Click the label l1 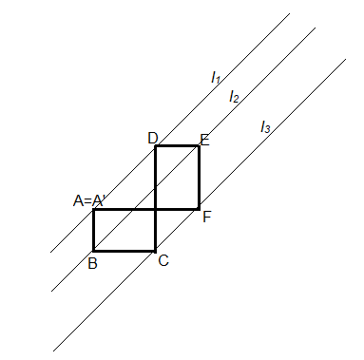[x=216, y=78]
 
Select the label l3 [x=266, y=126]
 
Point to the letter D [x=152, y=138]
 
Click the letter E [x=204, y=139]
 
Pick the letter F [x=206, y=216]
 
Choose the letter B [x=92, y=262]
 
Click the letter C [x=163, y=260]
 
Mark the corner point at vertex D [x=156, y=146]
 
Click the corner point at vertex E [x=199, y=146]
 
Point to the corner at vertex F [x=199, y=208]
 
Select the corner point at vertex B [x=93, y=251]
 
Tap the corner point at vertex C [x=156, y=251]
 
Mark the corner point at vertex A [x=93, y=209]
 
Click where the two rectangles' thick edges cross [x=156, y=208]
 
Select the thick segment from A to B [x=93, y=230]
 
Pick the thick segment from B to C [x=125, y=251]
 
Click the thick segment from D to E [x=177, y=146]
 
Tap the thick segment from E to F [x=199, y=177]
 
